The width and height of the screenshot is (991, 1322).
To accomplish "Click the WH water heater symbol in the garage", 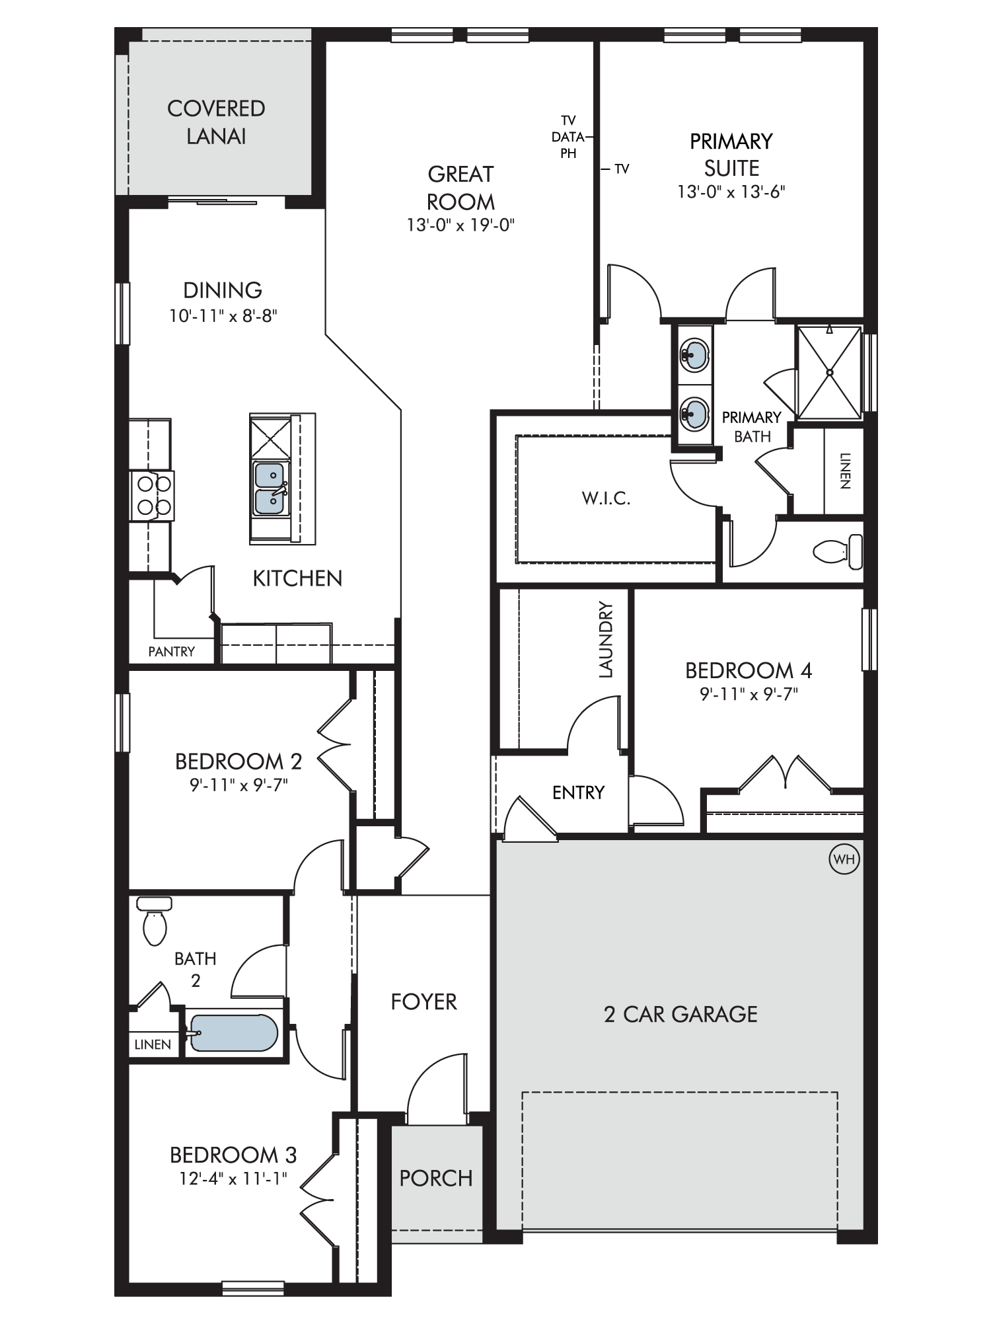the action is coord(844,859).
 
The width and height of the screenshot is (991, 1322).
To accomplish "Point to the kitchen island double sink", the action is coord(270,488).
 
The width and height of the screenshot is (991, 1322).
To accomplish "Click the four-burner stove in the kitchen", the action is coord(152,496).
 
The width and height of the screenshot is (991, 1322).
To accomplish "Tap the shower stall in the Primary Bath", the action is coord(830,372).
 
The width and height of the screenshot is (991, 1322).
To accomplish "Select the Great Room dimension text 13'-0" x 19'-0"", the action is coord(460,225).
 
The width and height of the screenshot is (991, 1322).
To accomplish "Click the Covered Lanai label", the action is coord(216,122).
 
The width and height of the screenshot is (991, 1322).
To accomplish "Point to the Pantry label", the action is coord(171,652).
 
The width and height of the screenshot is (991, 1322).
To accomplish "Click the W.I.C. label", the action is coord(606,498).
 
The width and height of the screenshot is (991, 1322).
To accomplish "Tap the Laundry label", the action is coord(606,639).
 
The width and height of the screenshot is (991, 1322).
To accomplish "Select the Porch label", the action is coord(436,1178).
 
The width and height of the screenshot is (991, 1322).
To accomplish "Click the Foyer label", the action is coord(423,1001).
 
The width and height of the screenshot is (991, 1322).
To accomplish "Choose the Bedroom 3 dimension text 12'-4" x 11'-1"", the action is coord(233,1179).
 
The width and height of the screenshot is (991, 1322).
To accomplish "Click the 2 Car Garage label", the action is coord(680,1014).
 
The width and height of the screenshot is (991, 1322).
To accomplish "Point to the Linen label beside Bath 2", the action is coord(153,1044).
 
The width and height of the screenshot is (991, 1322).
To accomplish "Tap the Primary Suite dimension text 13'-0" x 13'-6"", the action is coord(731,192).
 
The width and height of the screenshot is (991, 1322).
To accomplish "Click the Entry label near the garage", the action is coord(578,793).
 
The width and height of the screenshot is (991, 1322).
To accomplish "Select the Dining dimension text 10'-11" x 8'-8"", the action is coord(223,316).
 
